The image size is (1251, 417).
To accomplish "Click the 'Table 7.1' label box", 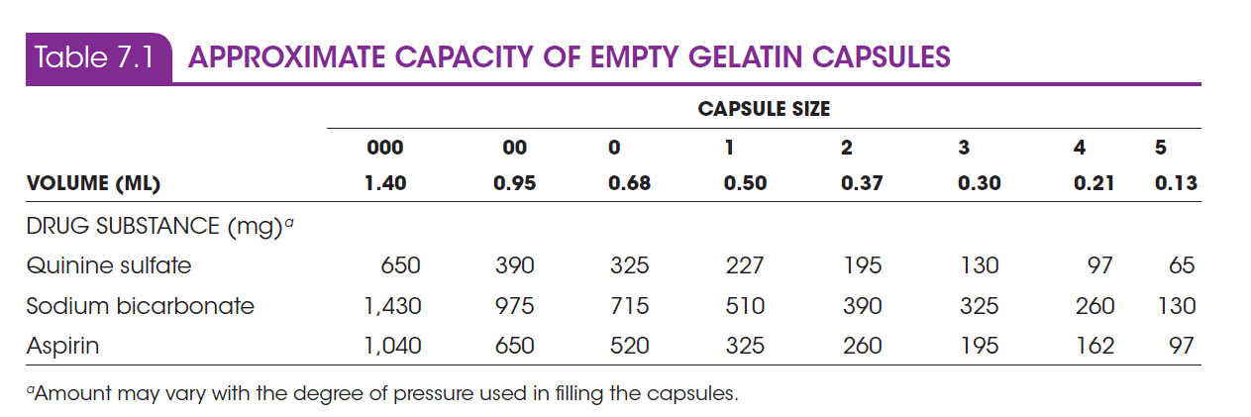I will pyautogui.click(x=97, y=57).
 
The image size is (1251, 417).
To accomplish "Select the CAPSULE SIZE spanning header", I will pyautogui.click(x=764, y=109).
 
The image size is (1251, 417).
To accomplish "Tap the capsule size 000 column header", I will pyautogui.click(x=385, y=148).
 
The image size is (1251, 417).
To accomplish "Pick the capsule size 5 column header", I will pyautogui.click(x=1160, y=148).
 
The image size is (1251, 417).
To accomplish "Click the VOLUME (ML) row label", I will pyautogui.click(x=93, y=183).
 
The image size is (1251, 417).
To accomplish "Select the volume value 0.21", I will pyautogui.click(x=1095, y=183).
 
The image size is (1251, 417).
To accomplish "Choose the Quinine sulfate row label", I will pyautogui.click(x=108, y=265).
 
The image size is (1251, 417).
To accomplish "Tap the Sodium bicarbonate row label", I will pyautogui.click(x=140, y=306).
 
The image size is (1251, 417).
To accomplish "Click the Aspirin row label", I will pyautogui.click(x=62, y=346).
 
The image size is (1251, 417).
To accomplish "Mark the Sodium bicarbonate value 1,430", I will pyautogui.click(x=393, y=306).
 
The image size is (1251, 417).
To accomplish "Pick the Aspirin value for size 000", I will pyautogui.click(x=393, y=346).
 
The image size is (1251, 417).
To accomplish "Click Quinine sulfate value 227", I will pyautogui.click(x=744, y=265).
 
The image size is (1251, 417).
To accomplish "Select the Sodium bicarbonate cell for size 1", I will pyautogui.click(x=744, y=306).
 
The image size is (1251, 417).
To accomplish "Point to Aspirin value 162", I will pyautogui.click(x=1095, y=346).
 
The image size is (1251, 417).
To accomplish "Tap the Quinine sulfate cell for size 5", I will pyautogui.click(x=1181, y=265).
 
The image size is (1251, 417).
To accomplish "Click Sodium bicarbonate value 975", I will pyautogui.click(x=514, y=306).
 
